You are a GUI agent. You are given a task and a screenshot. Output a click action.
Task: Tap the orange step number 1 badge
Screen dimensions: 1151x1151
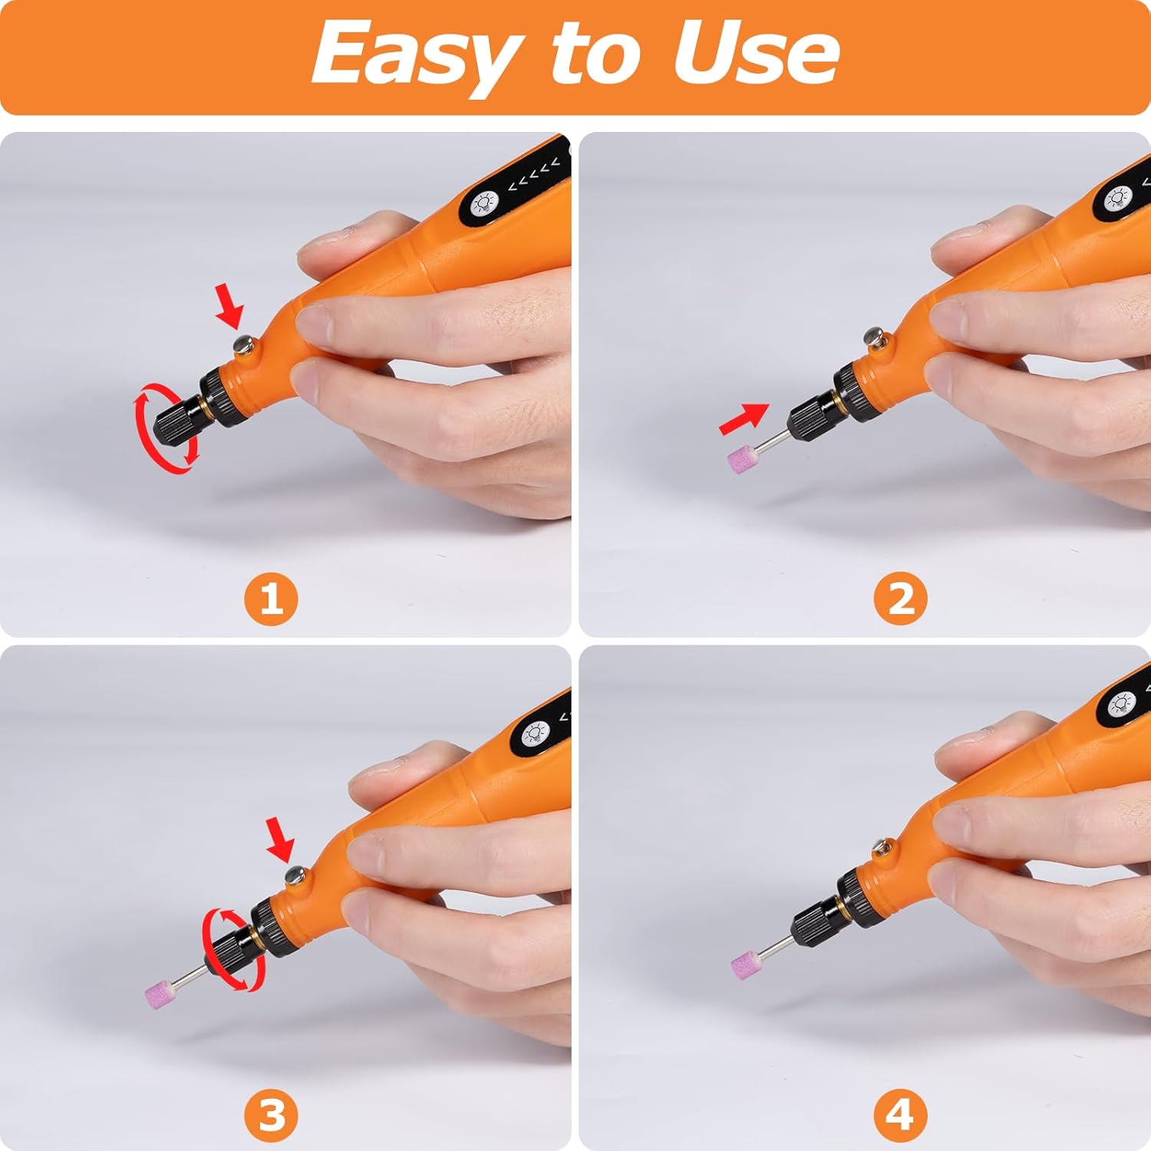(271, 598)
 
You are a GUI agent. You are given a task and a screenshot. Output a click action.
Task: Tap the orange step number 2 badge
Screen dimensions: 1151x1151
(901, 598)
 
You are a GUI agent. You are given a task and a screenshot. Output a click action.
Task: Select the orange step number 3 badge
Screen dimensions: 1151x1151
(271, 1113)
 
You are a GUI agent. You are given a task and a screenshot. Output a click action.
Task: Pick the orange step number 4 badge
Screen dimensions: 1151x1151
(901, 1113)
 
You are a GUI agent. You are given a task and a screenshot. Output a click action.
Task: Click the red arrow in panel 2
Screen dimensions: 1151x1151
(744, 419)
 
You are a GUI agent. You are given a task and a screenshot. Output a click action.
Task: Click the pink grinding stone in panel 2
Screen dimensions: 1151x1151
(742, 458)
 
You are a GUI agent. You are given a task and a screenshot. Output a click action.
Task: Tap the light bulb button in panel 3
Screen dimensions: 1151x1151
(536, 734)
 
